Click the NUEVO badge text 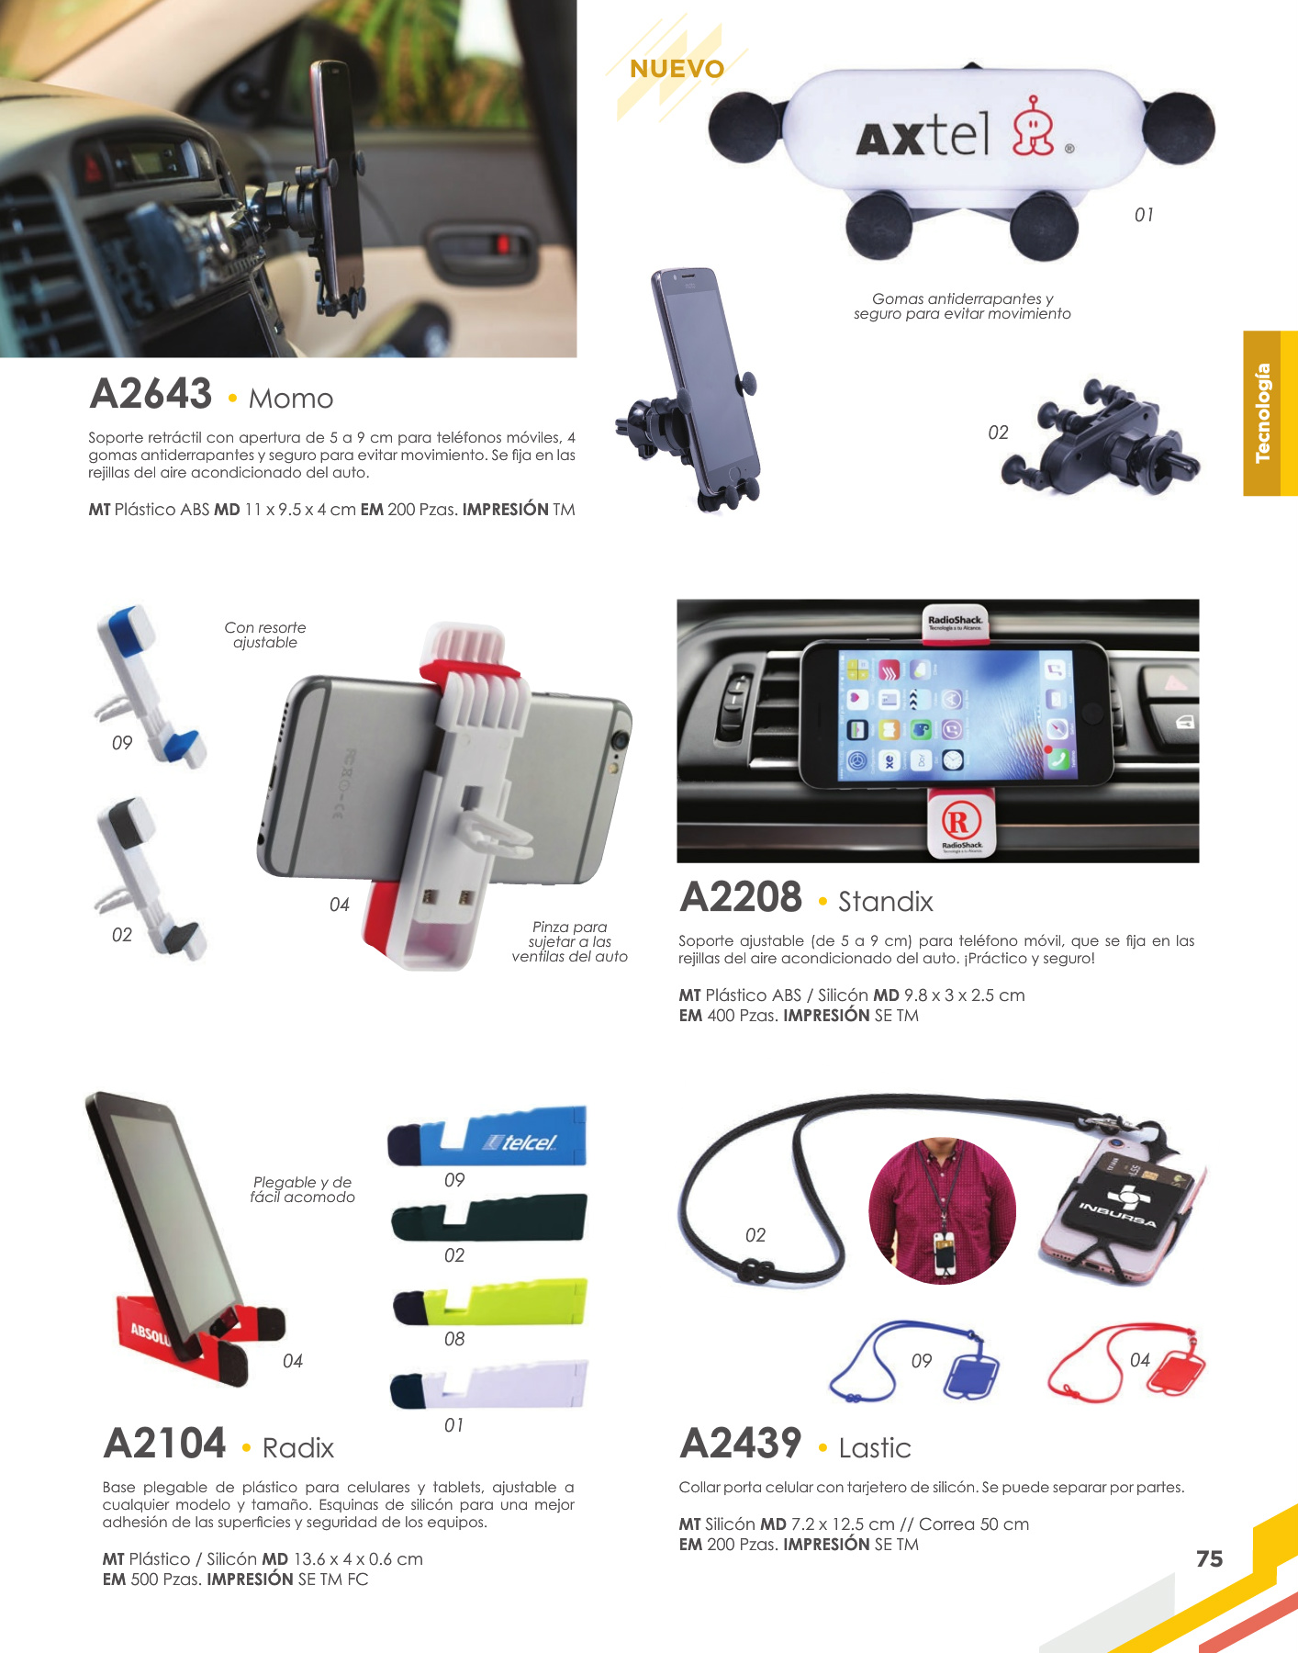click(677, 69)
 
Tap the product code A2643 click(151, 394)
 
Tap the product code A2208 click(741, 897)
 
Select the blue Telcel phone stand click(487, 1138)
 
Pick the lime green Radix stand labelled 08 click(489, 1302)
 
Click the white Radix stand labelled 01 click(488, 1385)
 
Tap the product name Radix click(298, 1448)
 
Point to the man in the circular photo click(942, 1211)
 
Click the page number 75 click(1209, 1558)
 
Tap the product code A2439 click(741, 1444)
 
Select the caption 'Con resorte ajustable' click(265, 635)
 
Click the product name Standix click(886, 902)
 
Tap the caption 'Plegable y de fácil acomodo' click(302, 1189)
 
